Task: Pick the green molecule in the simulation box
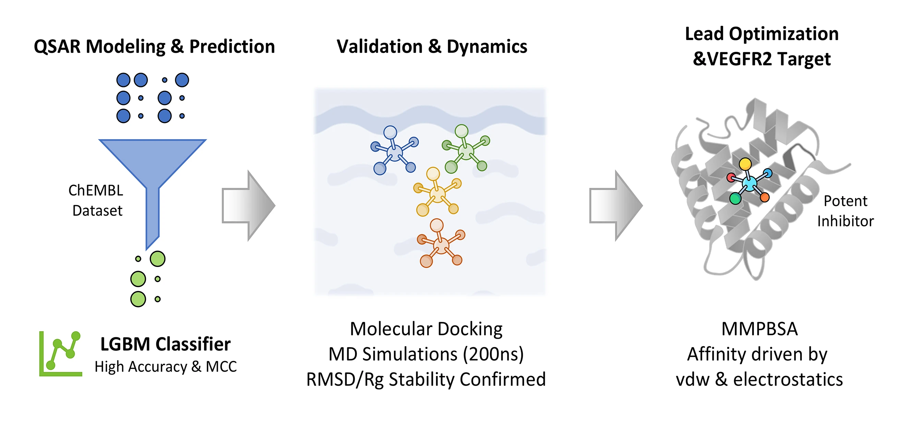tap(466, 151)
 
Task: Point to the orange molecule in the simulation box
tap(441, 245)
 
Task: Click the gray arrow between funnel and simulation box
tap(248, 206)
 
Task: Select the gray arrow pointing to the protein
tap(616, 206)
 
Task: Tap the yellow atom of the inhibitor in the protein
tap(745, 163)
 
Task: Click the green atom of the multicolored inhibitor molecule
tap(735, 199)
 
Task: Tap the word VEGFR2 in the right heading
tap(740, 59)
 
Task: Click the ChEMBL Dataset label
tap(96, 201)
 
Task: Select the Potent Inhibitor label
tap(845, 211)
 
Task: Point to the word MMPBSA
tap(759, 329)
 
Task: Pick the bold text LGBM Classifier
tap(166, 344)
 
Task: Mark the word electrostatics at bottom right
tap(788, 379)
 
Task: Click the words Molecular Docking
tap(426, 329)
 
